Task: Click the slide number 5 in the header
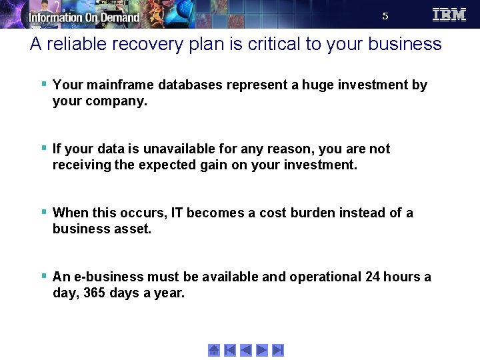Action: [385, 17]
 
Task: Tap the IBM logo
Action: [449, 15]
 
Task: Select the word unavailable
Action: [168, 149]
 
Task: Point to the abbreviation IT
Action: [177, 213]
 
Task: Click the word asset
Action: [134, 229]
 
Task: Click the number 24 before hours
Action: [373, 277]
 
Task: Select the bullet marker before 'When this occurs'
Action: [43, 212]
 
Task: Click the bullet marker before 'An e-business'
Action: [43, 276]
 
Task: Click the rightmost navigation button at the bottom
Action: [278, 350]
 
